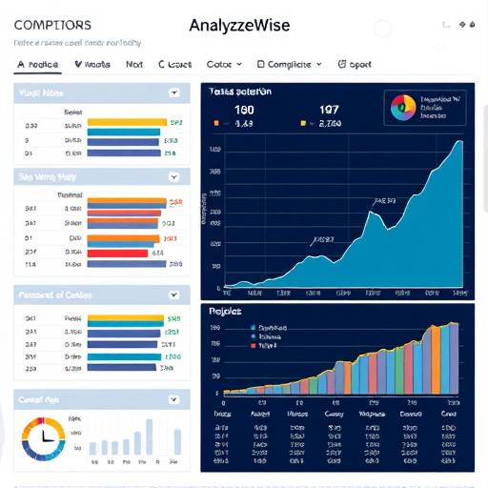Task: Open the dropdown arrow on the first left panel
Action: coord(173,93)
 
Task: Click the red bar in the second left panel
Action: coord(118,253)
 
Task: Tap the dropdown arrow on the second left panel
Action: coord(173,176)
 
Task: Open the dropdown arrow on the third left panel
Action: coord(173,295)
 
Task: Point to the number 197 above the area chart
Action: coord(329,109)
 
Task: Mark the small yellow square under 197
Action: coord(303,123)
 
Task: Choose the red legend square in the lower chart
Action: coord(253,346)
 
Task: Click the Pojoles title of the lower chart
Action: coord(227,312)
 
